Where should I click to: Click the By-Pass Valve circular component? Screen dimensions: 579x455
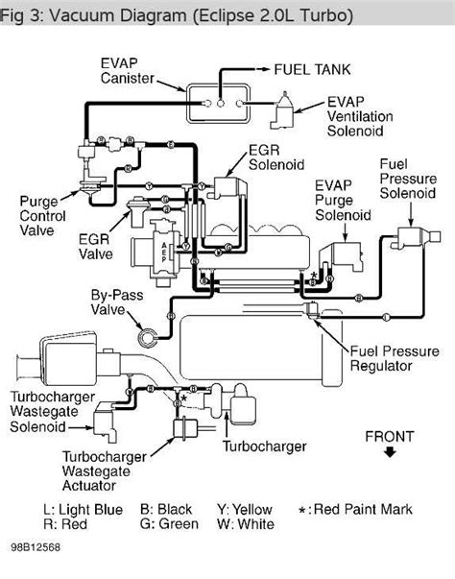coord(152,336)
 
